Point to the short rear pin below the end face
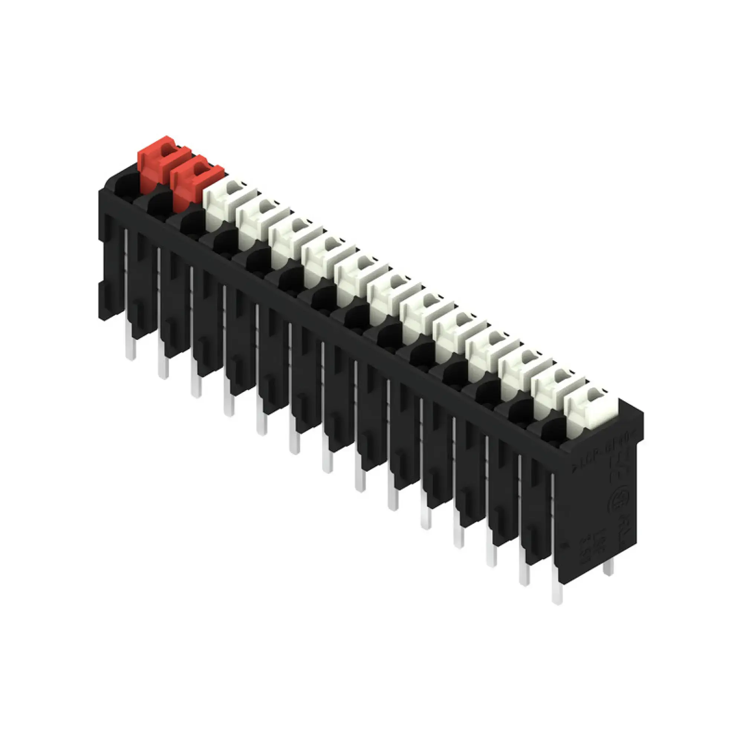[608, 567]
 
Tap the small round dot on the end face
[565, 545]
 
